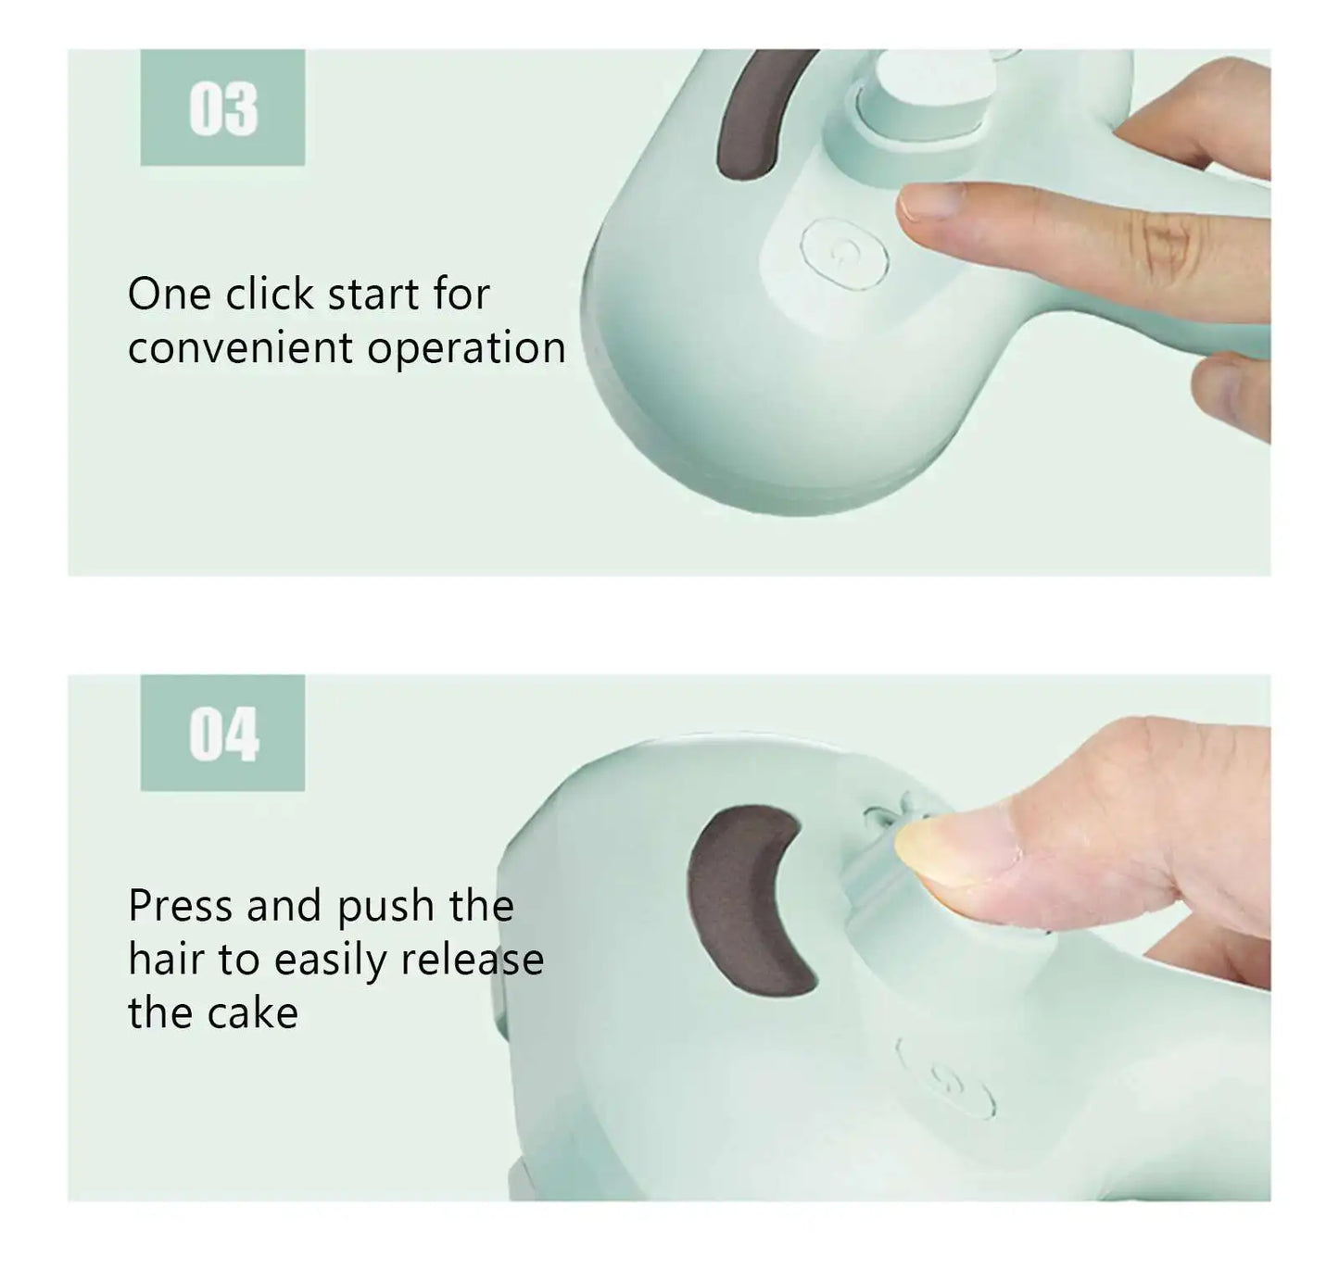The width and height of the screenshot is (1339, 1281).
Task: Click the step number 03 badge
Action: pyautogui.click(x=222, y=108)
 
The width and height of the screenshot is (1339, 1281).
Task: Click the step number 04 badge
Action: pyautogui.click(x=222, y=734)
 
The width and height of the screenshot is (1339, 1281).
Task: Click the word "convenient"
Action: pyautogui.click(x=240, y=348)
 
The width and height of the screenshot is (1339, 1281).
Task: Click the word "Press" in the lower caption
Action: pyautogui.click(x=181, y=906)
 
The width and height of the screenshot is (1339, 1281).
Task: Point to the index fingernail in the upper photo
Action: pyautogui.click(x=930, y=201)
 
